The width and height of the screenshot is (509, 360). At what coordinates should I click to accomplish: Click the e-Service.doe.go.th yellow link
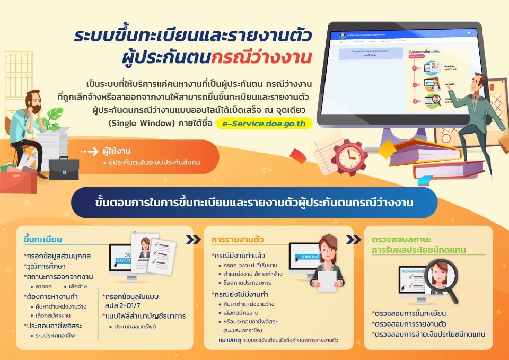264,123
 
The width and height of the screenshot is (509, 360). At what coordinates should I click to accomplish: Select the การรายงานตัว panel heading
237,239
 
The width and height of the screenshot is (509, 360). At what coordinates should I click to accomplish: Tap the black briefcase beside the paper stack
64,169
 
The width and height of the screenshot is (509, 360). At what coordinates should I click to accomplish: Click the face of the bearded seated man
29,104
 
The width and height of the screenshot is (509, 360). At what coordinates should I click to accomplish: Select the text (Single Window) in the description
139,123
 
